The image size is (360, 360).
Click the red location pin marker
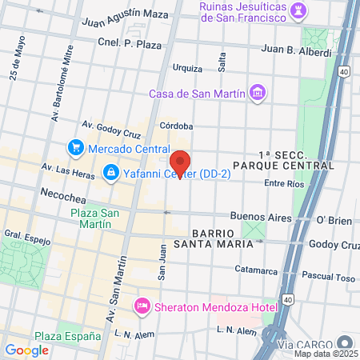tap(182, 164)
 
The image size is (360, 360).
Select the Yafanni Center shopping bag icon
tap(110, 173)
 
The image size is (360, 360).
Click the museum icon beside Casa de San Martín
tap(258, 94)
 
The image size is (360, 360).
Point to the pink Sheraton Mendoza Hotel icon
tap(142, 305)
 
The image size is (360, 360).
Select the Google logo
tap(26, 350)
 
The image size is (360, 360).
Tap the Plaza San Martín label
tap(95, 218)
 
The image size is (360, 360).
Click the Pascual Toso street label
tap(328, 278)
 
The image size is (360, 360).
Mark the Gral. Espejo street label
tap(27, 238)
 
